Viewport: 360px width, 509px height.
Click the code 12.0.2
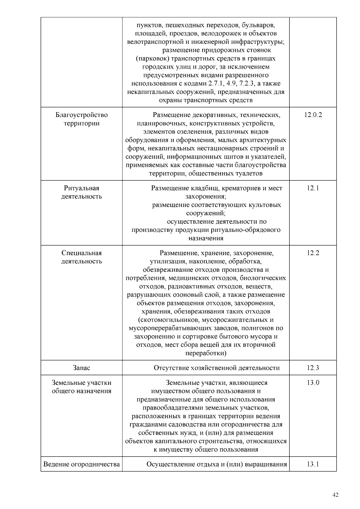313,115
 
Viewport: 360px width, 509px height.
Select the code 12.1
313,188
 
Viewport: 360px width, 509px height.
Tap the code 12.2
313,253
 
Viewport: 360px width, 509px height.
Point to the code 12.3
313,368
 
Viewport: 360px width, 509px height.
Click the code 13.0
313,383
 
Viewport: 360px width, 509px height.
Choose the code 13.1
313,464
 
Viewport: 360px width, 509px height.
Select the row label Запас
81,368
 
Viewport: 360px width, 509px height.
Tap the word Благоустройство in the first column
82,115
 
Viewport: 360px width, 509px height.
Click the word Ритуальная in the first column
82,188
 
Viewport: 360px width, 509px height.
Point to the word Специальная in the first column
82,253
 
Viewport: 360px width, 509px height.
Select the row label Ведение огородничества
82,464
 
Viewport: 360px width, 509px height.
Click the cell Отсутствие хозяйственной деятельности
217,368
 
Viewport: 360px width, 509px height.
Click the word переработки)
206,353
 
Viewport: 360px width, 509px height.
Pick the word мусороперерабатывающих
171,328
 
